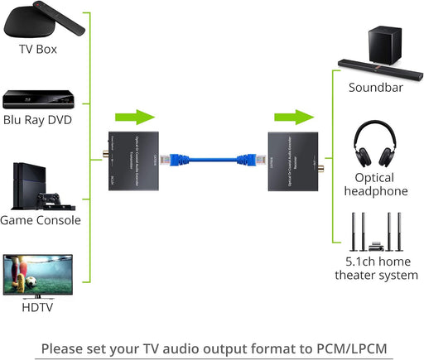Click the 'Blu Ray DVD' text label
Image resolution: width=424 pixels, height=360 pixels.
pos(37,120)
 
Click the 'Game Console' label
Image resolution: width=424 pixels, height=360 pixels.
pos(41,220)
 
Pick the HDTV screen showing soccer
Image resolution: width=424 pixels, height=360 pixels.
pos(40,276)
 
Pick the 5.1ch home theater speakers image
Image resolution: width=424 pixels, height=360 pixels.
pos(375,233)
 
